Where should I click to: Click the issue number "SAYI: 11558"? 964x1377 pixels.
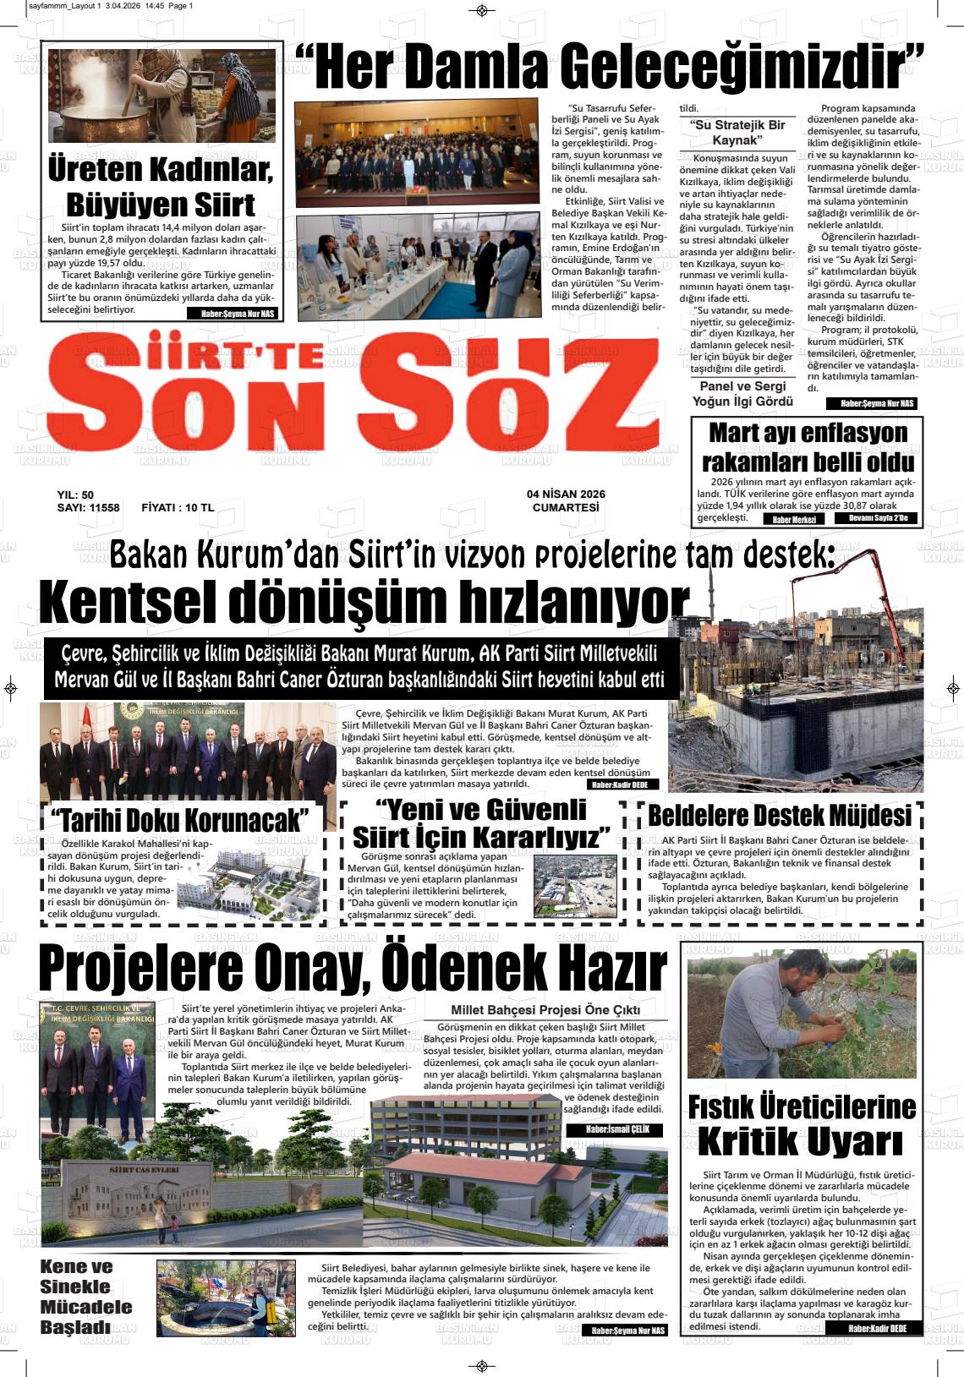point(88,508)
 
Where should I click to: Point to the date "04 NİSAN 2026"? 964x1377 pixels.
point(566,495)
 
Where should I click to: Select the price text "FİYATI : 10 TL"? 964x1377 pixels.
point(178,508)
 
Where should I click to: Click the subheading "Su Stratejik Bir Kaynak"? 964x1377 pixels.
point(737,133)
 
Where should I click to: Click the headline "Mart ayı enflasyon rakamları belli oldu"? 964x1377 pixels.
point(808,447)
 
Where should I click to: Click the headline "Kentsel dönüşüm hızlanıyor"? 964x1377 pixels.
point(364,603)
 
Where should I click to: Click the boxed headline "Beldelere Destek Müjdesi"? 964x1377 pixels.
point(780,816)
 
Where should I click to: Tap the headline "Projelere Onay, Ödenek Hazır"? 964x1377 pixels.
point(353,969)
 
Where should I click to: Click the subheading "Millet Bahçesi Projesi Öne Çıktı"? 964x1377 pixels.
point(545,1010)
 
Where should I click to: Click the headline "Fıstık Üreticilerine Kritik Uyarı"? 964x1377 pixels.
point(802,1125)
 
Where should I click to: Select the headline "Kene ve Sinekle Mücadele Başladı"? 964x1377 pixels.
point(86,1297)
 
